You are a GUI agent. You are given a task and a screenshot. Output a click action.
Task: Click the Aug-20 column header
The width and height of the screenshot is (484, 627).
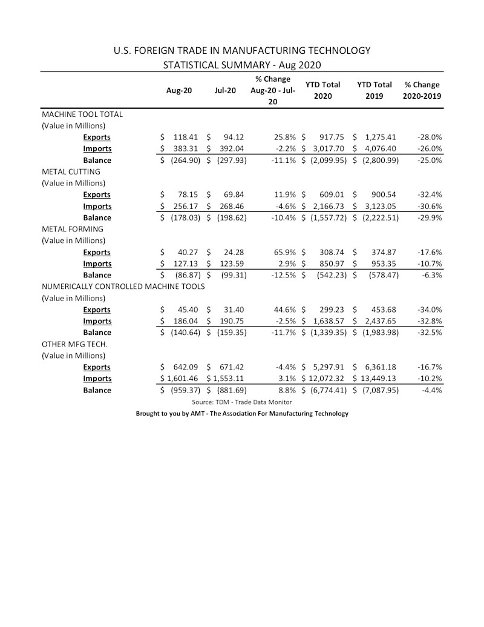(179, 90)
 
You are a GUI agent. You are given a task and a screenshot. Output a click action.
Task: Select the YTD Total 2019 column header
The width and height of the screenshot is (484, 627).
(374, 90)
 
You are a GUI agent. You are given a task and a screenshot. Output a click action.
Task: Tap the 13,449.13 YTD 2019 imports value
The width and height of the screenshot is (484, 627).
(376, 379)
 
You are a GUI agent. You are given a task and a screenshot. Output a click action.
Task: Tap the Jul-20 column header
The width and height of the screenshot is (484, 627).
(225, 90)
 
